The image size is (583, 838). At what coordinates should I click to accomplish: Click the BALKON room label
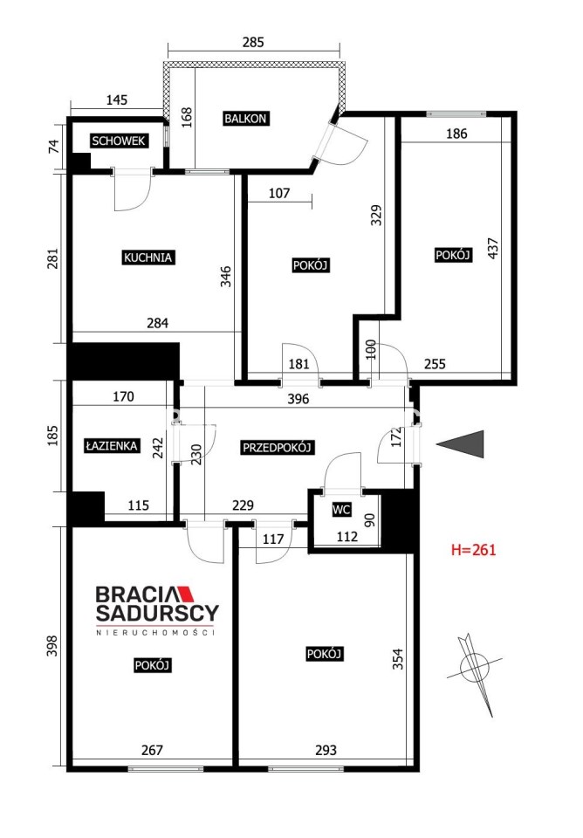[245, 118]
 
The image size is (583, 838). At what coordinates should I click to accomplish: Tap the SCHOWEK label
[119, 141]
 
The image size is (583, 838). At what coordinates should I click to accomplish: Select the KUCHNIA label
[148, 258]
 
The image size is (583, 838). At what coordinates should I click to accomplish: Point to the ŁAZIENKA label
[113, 446]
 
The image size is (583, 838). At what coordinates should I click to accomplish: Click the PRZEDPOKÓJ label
[277, 447]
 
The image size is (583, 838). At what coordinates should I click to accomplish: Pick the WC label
[341, 510]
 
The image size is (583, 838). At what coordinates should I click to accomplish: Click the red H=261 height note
[473, 549]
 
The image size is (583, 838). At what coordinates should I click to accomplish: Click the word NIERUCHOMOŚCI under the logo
[155, 632]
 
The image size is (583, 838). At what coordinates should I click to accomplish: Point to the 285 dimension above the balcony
[253, 42]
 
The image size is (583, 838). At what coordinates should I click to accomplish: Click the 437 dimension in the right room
[493, 249]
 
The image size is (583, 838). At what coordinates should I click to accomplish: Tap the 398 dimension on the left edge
[51, 646]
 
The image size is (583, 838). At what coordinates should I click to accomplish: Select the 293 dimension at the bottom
[326, 750]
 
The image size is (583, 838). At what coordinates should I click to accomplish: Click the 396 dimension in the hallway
[298, 399]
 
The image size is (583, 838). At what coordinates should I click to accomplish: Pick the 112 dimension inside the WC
[347, 536]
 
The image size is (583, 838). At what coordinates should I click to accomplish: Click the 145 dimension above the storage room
[117, 100]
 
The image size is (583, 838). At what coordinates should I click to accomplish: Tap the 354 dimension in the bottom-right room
[398, 659]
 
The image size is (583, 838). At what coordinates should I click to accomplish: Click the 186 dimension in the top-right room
[456, 134]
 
